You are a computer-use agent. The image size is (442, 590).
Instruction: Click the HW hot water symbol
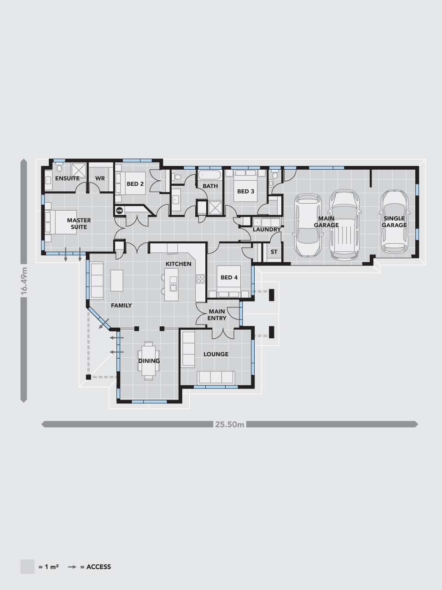click(x=119, y=211)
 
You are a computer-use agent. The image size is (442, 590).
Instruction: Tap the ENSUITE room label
click(x=67, y=178)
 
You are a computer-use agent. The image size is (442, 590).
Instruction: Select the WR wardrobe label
click(x=100, y=178)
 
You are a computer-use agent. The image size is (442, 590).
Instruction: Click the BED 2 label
click(x=135, y=184)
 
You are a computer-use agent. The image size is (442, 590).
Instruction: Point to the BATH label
click(x=210, y=186)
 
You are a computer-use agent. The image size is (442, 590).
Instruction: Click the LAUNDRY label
click(x=267, y=229)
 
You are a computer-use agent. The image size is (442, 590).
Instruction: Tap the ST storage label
click(x=274, y=252)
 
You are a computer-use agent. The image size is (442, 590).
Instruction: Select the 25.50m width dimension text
click(x=230, y=425)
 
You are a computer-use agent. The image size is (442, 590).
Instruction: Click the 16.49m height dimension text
click(x=24, y=281)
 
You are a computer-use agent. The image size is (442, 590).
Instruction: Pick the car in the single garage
click(x=394, y=222)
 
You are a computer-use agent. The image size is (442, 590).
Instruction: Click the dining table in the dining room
click(x=149, y=360)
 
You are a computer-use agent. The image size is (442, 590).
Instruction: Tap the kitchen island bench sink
click(x=174, y=287)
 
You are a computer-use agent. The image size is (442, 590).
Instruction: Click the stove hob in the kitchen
click(x=200, y=279)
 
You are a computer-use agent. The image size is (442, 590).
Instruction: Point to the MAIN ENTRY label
click(x=217, y=315)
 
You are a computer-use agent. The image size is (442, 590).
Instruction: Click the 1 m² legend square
click(x=27, y=566)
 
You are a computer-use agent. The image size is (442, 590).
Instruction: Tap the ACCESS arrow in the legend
click(x=72, y=567)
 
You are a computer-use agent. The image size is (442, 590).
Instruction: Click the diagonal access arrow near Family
click(x=104, y=324)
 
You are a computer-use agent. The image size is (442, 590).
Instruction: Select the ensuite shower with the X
click(x=79, y=170)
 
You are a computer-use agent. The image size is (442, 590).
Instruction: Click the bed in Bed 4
click(x=229, y=281)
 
